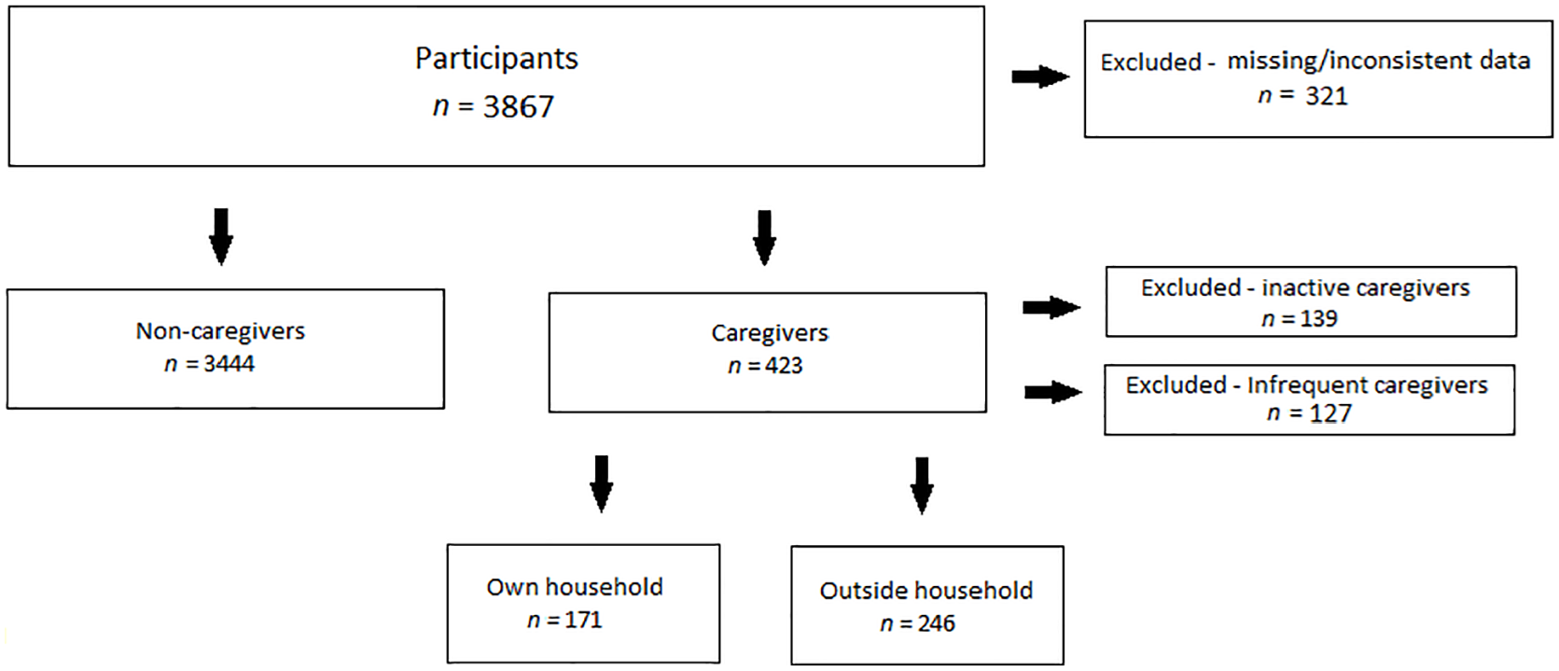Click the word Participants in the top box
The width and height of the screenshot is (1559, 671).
coord(496,59)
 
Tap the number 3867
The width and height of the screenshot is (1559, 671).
coord(519,107)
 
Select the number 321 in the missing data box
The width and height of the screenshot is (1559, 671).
coord(1327,95)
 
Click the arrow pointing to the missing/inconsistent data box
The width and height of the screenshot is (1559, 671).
coord(1040,77)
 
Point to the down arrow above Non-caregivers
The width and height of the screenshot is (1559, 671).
coord(221,237)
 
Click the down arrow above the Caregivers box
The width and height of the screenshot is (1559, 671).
coord(764,238)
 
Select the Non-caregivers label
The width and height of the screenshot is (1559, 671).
coord(220,330)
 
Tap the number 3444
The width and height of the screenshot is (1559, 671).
coord(229,363)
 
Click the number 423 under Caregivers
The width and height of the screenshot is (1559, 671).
coord(784,366)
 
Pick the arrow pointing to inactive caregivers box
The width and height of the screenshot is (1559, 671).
coord(1051,307)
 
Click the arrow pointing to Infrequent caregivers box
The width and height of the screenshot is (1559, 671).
coord(1053,392)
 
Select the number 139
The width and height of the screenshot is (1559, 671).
coord(1318,318)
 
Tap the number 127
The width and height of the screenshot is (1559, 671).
coord(1330,413)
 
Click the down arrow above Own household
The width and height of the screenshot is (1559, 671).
coord(602,483)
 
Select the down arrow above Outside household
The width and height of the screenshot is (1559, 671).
coord(922,486)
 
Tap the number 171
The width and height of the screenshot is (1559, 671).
coord(582,620)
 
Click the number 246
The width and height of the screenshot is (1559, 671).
coord(936,623)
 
